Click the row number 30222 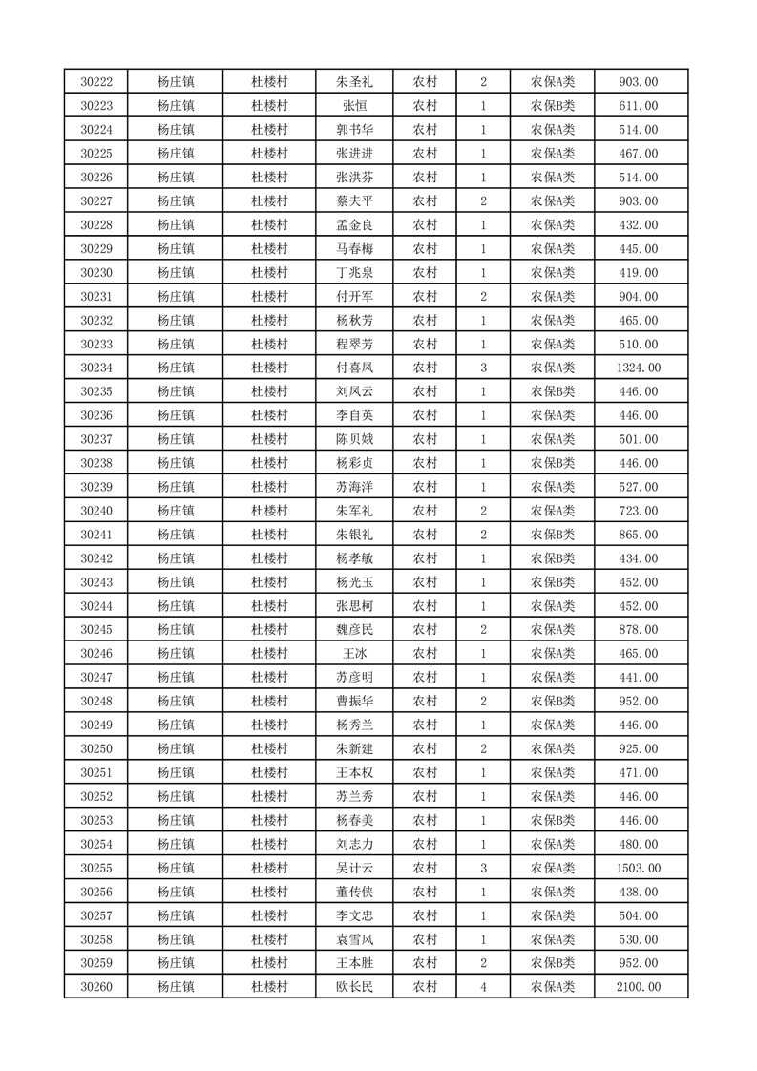96,82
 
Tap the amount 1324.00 639,367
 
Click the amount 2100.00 639,987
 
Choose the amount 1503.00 639,868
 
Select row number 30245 96,630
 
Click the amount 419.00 639,273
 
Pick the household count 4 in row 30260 484,987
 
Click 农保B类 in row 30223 553,106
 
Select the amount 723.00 639,511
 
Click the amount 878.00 639,630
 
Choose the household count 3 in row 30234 484,367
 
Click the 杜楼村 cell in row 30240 269,511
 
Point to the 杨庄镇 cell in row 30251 176,772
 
